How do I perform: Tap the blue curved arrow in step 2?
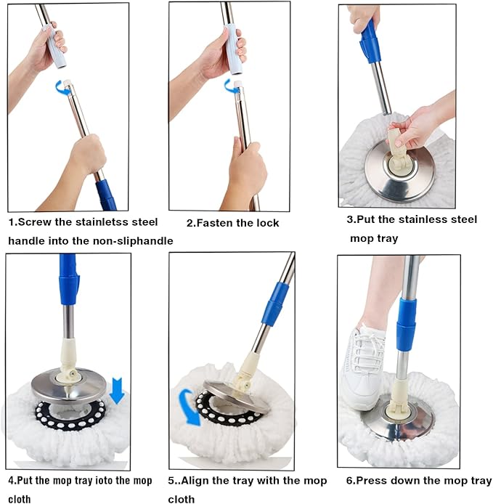231,86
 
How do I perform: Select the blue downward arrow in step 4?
117,392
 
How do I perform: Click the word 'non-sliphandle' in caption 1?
131,240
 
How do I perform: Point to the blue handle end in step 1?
106,194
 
